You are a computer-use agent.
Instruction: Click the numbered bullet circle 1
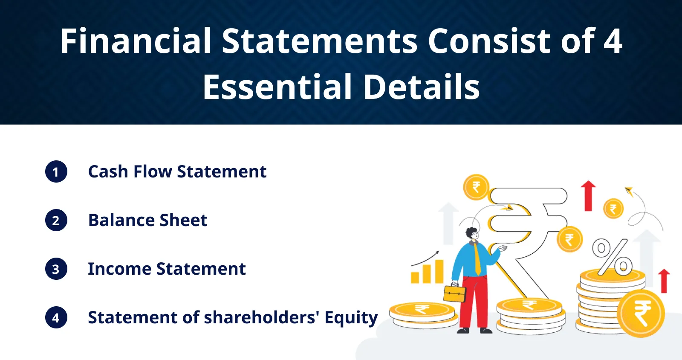tap(56, 171)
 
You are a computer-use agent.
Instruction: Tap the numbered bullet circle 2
tap(56, 220)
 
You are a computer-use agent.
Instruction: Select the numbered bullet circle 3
tap(56, 269)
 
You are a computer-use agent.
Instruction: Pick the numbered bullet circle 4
tap(56, 318)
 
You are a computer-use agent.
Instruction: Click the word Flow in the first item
tap(153, 171)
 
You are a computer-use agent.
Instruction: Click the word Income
tap(120, 269)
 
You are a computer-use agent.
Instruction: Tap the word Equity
tap(351, 318)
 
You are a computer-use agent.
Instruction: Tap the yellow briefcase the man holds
tap(455, 293)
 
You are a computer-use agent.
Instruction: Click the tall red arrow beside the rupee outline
tap(588, 195)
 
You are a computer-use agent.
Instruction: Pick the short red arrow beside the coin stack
tap(664, 281)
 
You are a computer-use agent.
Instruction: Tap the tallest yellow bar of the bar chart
tap(439, 271)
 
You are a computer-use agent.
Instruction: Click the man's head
tap(472, 234)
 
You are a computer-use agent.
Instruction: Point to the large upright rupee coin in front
tap(641, 314)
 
